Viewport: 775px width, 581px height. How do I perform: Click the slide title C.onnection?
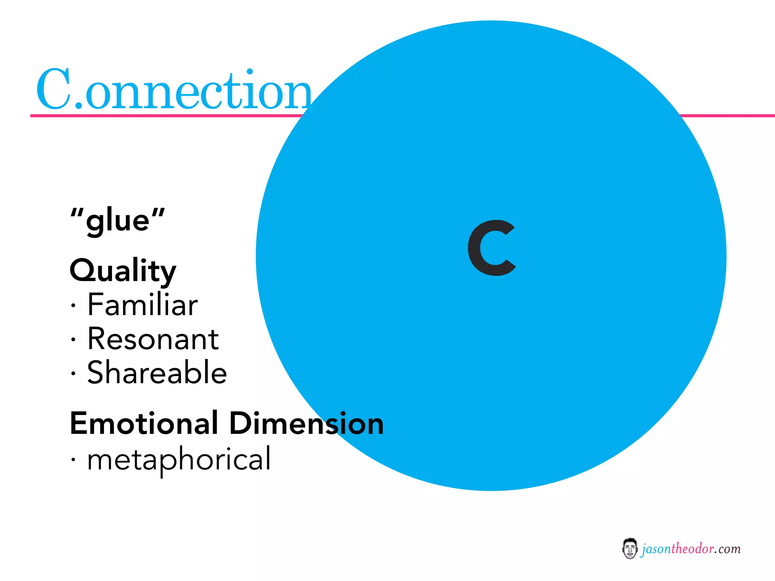174,90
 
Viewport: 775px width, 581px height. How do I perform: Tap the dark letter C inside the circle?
491,248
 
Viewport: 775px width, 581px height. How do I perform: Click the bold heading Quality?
123,271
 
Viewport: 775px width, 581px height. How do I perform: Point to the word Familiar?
142,305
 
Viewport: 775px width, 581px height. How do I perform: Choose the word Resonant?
153,339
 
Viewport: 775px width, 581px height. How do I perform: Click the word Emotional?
144,423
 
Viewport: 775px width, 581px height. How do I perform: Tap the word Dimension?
307,423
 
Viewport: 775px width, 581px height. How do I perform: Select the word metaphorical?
179,459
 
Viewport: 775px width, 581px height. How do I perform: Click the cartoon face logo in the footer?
629,548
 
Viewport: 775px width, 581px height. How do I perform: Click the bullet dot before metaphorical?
73,460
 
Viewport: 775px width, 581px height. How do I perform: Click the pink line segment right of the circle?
727,115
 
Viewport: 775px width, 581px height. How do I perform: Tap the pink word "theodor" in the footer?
693,549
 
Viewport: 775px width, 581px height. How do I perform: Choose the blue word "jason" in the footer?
657,549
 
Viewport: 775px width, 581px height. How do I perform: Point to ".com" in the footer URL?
727,549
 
